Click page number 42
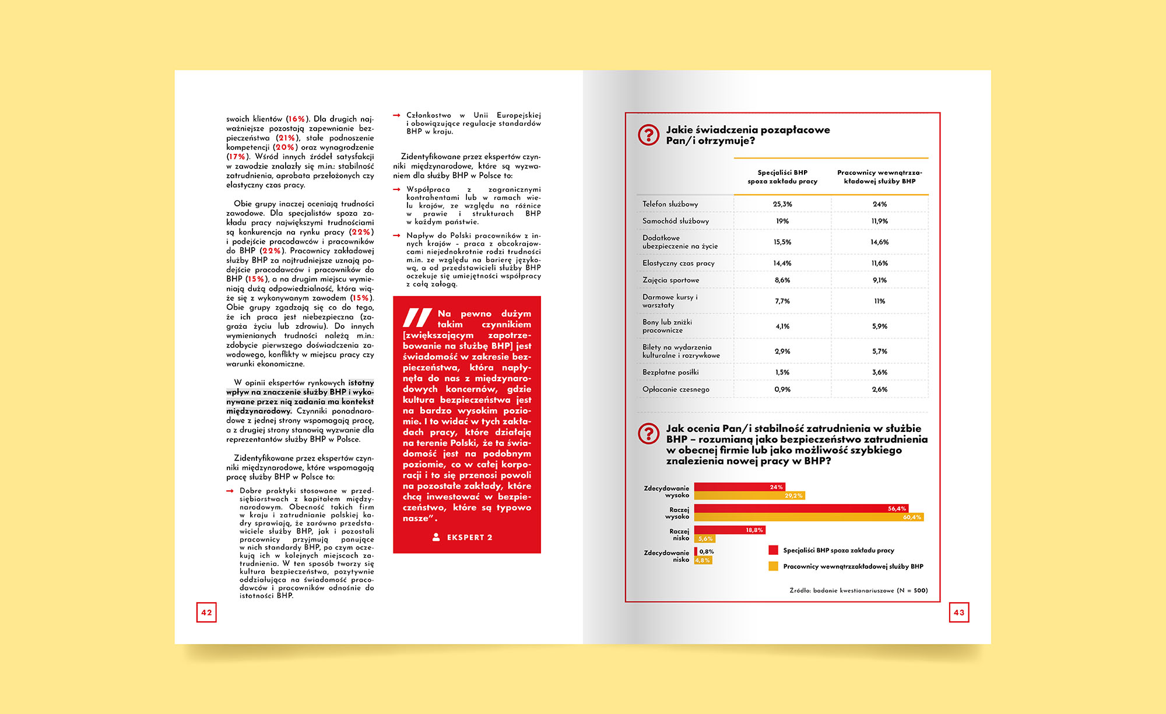pyautogui.click(x=206, y=613)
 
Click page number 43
pyautogui.click(x=959, y=613)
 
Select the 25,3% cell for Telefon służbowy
pyautogui.click(x=782, y=204)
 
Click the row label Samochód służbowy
pyautogui.click(x=676, y=221)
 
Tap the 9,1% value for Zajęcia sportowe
pyautogui.click(x=879, y=280)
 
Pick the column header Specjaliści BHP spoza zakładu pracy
pyautogui.click(x=782, y=177)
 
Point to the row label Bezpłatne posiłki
pyautogui.click(x=670, y=372)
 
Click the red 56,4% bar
pyautogui.click(x=801, y=508)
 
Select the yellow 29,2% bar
pyautogui.click(x=749, y=495)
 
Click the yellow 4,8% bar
pyautogui.click(x=703, y=560)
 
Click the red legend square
pyautogui.click(x=774, y=550)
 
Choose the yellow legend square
pyautogui.click(x=774, y=566)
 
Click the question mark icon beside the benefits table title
pyautogui.click(x=648, y=135)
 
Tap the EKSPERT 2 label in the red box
pyautogui.click(x=469, y=537)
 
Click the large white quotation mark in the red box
pyautogui.click(x=417, y=318)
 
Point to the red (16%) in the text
pyautogui.click(x=296, y=119)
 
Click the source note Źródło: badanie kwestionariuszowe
pyautogui.click(x=858, y=590)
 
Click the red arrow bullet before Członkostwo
pyautogui.click(x=396, y=115)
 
